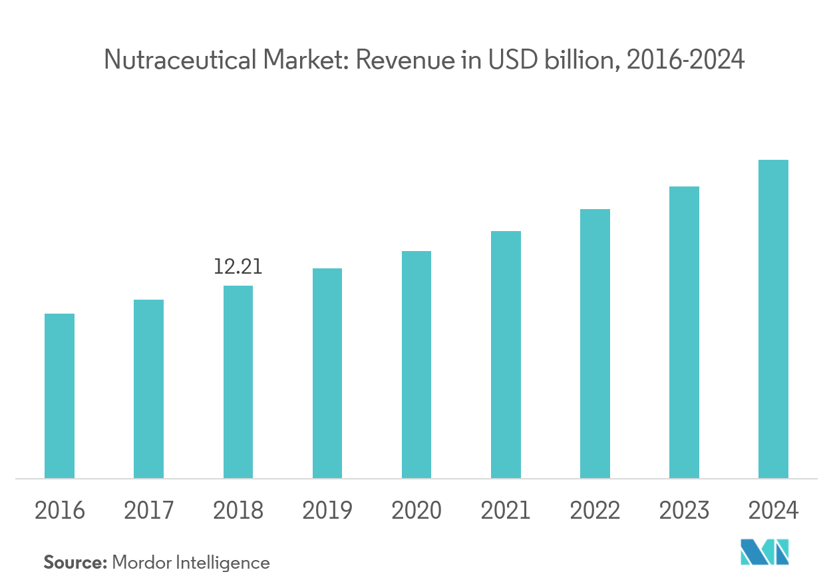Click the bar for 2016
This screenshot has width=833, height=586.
59,396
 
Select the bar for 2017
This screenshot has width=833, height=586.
148,389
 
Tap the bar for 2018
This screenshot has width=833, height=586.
238,382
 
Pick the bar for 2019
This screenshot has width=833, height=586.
327,373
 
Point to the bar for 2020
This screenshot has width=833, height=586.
416,364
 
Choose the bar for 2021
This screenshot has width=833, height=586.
506,354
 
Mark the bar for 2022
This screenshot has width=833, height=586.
595,344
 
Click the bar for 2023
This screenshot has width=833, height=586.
684,332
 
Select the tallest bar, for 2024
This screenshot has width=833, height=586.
773,318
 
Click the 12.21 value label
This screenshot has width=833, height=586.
238,267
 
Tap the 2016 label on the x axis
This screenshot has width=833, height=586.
59,511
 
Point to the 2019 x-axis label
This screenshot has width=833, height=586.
327,511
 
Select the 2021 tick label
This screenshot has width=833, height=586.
506,511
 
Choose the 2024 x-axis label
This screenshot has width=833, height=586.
773,511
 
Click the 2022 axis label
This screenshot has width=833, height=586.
595,511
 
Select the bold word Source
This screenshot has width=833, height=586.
75,563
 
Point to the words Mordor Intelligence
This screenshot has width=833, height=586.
191,563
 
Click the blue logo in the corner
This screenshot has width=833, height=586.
765,552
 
